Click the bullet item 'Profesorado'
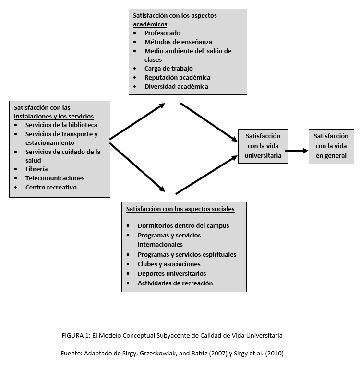click(162, 33)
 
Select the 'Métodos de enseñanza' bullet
click(178, 42)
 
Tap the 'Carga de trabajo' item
click(168, 69)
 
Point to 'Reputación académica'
click(177, 78)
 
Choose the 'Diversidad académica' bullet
click(176, 87)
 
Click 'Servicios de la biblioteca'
click(61, 125)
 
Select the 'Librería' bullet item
click(36, 169)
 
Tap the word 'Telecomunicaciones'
click(55, 178)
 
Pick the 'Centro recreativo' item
click(51, 188)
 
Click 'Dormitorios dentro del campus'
click(183, 225)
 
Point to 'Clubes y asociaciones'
click(169, 264)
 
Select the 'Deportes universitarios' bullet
click(172, 274)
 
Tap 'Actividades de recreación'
click(175, 283)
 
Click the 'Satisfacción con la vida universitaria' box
click(263, 146)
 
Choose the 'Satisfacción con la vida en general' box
click(331, 146)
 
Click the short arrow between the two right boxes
click(296, 151)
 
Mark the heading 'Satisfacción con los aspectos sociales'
click(180, 209)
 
